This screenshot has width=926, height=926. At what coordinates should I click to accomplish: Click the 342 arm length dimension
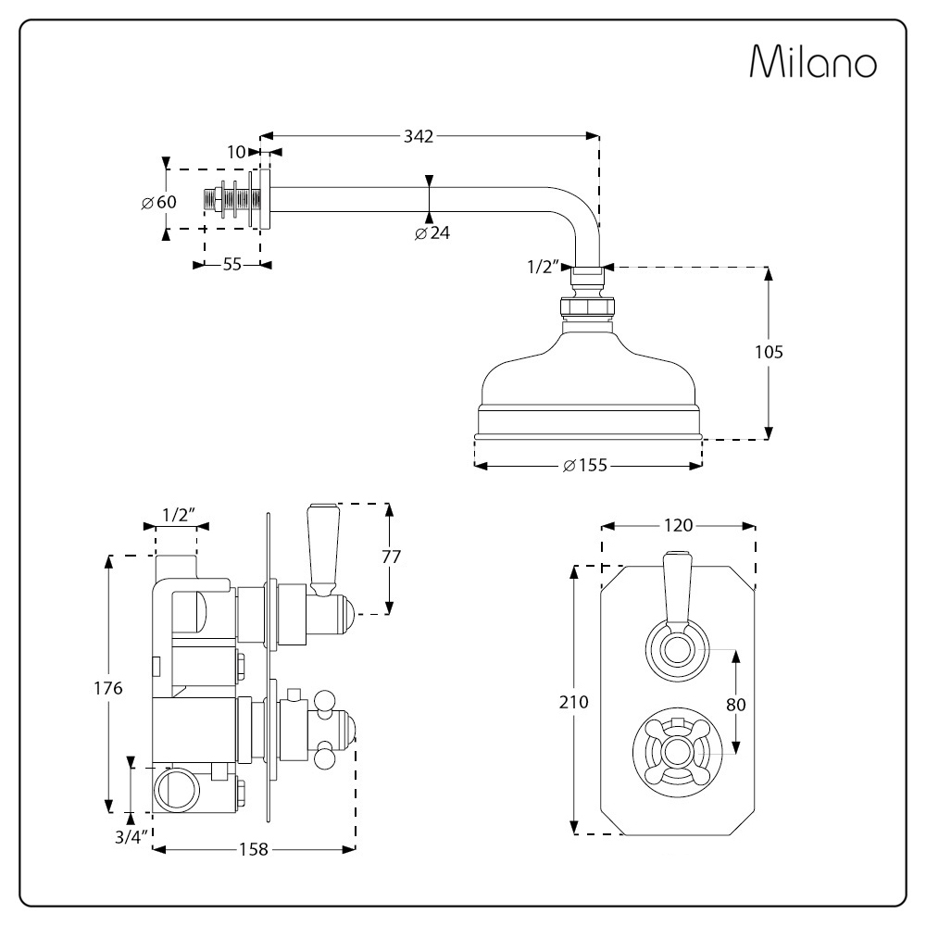point(418,136)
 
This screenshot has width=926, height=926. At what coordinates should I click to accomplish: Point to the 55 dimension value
point(231,265)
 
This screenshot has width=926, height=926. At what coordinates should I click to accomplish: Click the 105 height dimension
point(769,352)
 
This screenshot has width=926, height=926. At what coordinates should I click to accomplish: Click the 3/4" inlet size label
point(131,837)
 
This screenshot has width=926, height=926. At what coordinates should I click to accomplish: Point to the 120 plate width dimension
point(679,525)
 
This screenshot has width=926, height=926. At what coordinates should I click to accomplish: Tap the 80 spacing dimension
point(736,704)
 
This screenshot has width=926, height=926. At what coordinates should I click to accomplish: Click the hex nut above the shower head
point(586,307)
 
